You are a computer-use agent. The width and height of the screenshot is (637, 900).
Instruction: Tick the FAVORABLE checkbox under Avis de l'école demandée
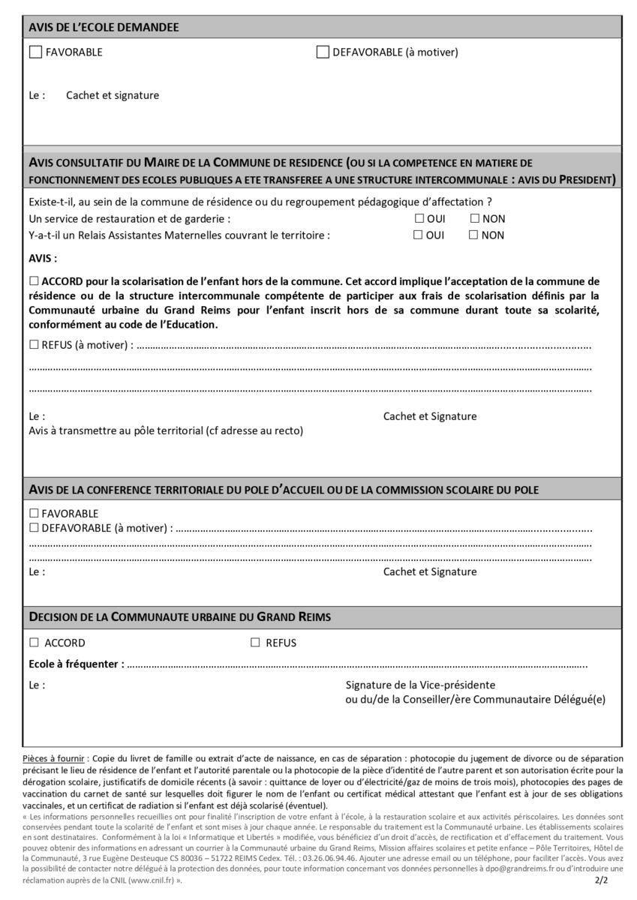point(35,52)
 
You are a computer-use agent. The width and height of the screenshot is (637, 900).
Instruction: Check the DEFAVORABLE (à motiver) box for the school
point(323,52)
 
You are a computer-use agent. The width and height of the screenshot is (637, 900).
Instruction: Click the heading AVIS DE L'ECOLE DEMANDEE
point(104,27)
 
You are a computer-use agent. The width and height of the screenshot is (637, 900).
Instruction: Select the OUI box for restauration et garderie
point(419,219)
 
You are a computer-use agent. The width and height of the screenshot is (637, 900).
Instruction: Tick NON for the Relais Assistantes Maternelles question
point(473,235)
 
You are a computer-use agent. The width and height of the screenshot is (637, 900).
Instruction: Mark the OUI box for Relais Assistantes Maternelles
point(419,235)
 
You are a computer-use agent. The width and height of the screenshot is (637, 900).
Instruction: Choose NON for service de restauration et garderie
point(474,219)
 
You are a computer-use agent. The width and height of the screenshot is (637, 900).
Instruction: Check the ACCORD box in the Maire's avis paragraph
point(34,281)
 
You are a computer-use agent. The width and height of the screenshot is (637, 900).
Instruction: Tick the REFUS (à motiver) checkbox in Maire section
point(34,345)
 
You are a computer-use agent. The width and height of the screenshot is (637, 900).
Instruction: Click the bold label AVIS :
point(43,258)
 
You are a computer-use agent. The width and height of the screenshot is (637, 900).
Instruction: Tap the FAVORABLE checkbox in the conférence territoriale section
point(34,514)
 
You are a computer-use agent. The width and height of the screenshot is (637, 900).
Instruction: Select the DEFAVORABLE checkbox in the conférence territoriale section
point(34,528)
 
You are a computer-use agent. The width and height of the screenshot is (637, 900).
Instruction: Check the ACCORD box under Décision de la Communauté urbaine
point(34,643)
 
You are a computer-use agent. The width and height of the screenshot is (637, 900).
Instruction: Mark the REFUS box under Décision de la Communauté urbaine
point(255,643)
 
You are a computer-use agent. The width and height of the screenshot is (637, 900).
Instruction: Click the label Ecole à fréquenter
point(76,664)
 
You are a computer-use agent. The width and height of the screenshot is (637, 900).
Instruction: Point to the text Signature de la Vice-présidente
point(420,685)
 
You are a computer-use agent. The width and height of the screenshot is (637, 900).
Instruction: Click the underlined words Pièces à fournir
point(53,759)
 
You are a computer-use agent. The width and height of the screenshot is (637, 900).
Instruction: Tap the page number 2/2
point(601,881)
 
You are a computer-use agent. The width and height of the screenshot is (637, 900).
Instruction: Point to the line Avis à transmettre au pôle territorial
point(165,430)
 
